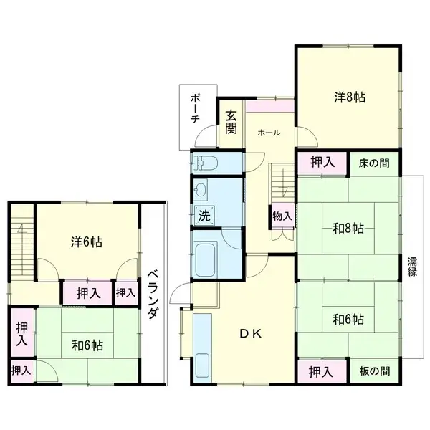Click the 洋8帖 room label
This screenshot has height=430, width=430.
pos(350,97)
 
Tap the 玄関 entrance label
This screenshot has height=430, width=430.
pos(231,123)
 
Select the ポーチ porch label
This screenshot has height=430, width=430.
pos(195,109)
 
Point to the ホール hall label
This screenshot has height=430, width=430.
pos(269,133)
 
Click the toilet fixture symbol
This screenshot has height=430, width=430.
pos(205,163)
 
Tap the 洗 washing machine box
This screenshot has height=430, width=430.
pos(204,215)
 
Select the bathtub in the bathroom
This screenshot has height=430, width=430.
pos(206,259)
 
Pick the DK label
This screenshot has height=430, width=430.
pos(250,334)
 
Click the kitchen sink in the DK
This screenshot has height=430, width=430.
pos(202,368)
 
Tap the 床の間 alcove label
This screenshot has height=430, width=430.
pos(374,163)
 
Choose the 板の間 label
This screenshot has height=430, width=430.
pos(375,371)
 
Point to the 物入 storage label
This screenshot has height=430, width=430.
pos(282,216)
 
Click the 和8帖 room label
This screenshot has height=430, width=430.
pos(348,228)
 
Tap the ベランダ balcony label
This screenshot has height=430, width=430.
pos(153,295)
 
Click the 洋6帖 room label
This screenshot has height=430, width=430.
pos(87,242)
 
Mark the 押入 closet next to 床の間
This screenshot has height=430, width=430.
pos(322,163)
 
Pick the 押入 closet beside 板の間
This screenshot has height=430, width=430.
pos(321,372)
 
